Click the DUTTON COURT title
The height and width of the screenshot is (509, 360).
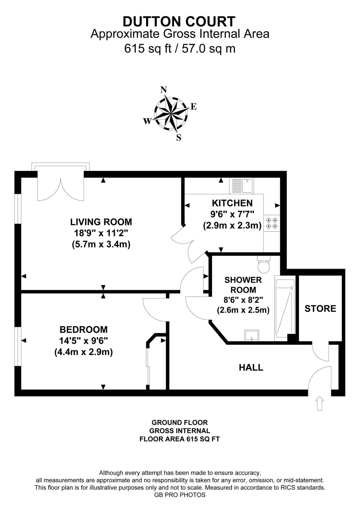[x=179, y=21]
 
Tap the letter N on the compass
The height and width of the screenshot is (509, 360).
[x=163, y=90]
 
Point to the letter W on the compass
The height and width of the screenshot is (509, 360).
[x=147, y=121]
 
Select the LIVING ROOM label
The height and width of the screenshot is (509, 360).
[x=101, y=222]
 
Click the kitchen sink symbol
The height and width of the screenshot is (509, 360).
[x=242, y=186]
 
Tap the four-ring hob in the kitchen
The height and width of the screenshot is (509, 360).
[x=272, y=223]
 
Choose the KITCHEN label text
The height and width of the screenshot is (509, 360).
[x=232, y=203]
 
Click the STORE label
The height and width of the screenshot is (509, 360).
[x=320, y=308]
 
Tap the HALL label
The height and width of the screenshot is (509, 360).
[x=251, y=368]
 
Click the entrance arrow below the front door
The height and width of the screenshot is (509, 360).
[x=319, y=403]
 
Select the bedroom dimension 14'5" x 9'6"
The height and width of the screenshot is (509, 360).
[x=84, y=341]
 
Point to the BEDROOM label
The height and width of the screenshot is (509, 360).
[x=84, y=330]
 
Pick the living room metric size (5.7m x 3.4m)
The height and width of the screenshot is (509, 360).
[x=101, y=244]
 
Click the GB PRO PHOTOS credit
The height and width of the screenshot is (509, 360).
[x=180, y=495]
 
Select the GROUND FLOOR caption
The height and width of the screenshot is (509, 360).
[x=180, y=422]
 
